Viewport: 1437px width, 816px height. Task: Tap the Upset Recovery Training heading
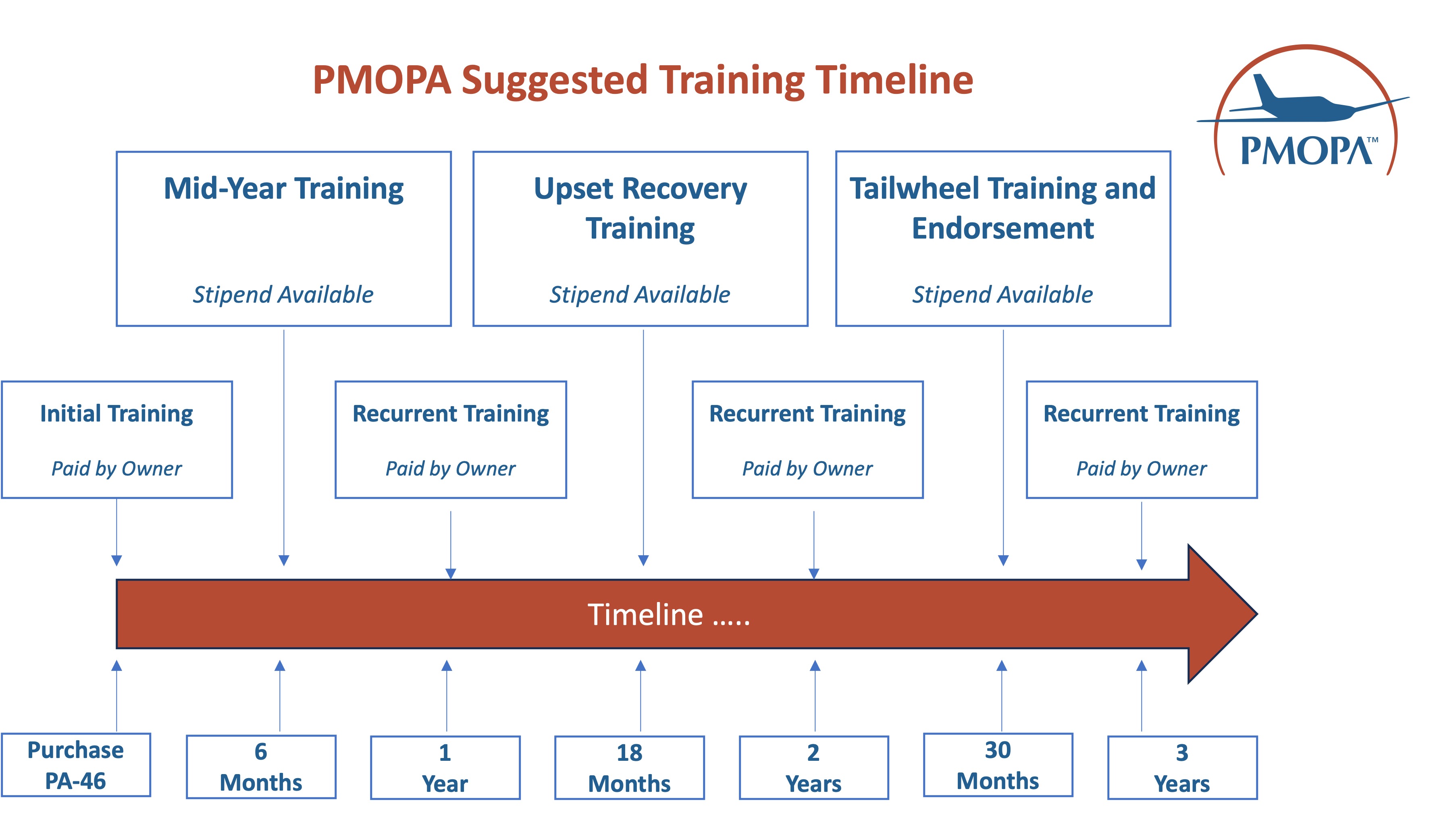click(x=640, y=208)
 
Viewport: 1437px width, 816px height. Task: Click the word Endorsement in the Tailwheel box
click(x=1002, y=228)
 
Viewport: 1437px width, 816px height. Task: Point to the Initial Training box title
click(x=116, y=413)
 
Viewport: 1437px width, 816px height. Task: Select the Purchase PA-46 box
click(x=76, y=765)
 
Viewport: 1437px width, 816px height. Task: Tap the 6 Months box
click(x=261, y=767)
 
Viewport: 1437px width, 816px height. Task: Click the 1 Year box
click(x=445, y=767)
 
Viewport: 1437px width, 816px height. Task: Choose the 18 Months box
click(x=629, y=767)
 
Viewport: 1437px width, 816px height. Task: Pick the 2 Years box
click(x=814, y=767)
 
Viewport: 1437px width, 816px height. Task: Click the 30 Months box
click(x=998, y=765)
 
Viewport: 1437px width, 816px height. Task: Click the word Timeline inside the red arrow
click(x=645, y=615)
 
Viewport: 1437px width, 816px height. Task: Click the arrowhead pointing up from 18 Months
click(x=641, y=666)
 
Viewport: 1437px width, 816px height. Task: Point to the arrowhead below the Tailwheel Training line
click(x=1003, y=560)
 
